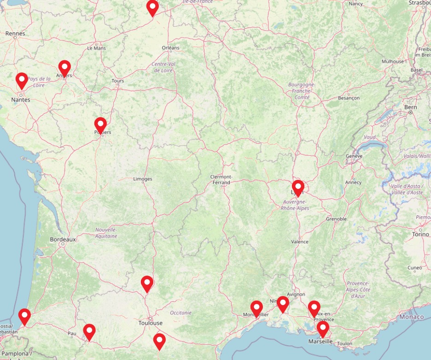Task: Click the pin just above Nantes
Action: point(22,80)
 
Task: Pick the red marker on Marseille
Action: point(323,329)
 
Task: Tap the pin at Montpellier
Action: point(256,307)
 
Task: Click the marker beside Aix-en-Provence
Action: point(314,308)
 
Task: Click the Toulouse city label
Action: point(151,323)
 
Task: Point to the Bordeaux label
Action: point(63,240)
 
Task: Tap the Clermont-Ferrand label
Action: point(221,179)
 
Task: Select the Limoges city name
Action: point(142,179)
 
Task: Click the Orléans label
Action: point(170,48)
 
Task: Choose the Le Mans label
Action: point(96,48)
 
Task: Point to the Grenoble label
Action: point(337,219)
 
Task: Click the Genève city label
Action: point(354,156)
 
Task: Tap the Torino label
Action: point(420,234)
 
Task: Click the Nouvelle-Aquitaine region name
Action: point(106,233)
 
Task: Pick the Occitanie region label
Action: point(181,313)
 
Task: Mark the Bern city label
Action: point(410,107)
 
